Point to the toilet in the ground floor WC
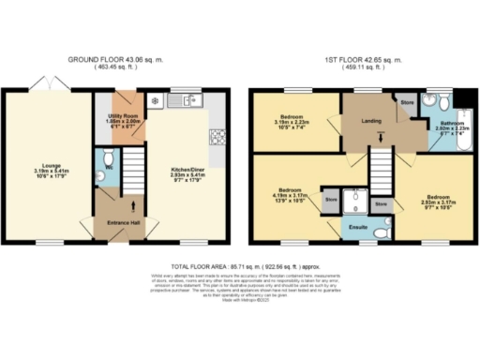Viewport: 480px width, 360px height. pyautogui.click(x=101, y=173)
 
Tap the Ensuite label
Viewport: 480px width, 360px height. pyautogui.click(x=358, y=226)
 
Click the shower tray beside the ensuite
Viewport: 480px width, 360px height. pyautogui.click(x=355, y=201)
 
